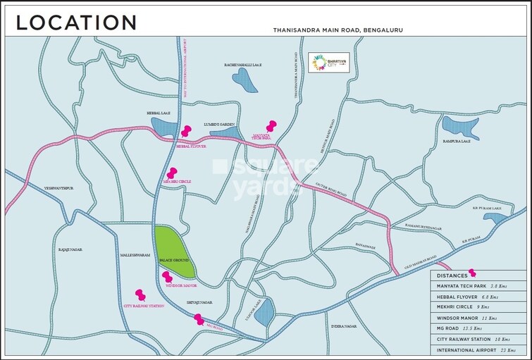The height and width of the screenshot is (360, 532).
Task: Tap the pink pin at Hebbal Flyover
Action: click(186, 130)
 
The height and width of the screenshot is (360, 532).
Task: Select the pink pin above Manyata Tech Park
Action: click(270, 125)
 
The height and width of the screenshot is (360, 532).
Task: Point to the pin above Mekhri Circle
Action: click(171, 173)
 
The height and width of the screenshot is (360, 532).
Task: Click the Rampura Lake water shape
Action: click(459, 127)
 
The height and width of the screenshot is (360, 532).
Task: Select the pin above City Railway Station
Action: click(139, 293)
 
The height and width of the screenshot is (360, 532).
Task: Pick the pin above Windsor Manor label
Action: click(166, 277)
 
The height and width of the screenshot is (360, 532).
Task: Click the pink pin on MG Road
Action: click(199, 319)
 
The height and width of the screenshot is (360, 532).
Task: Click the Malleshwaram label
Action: click(135, 255)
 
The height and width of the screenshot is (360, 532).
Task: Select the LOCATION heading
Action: click(76, 22)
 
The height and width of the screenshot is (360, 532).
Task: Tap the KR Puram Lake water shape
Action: click(499, 219)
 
